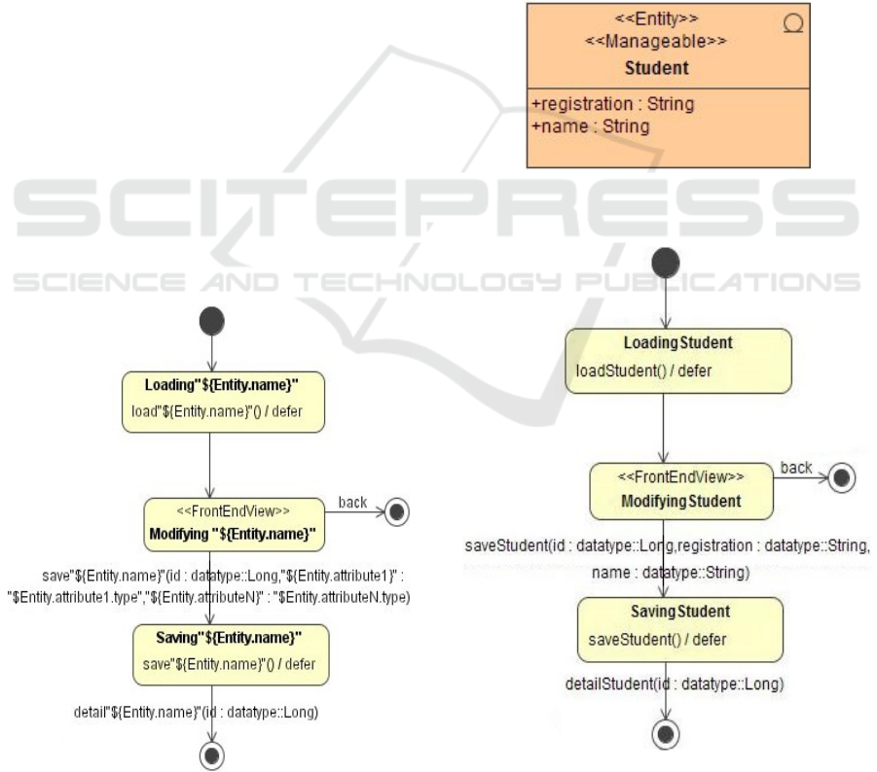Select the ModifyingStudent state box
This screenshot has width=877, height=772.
681,492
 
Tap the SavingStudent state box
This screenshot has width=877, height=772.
679,626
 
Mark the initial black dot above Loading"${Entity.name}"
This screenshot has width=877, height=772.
211,320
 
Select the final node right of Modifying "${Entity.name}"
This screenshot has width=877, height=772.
396,512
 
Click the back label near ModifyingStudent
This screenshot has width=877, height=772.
796,468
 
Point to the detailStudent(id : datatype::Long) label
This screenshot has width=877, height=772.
675,684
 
